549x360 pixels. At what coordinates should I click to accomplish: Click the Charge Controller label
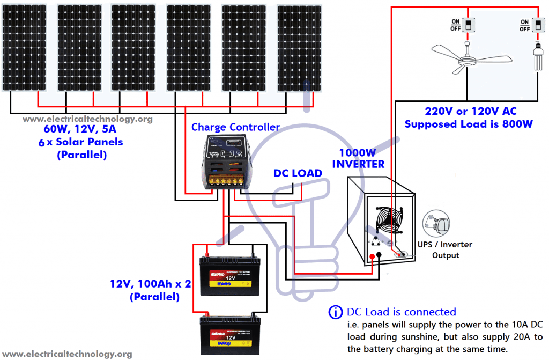(235, 127)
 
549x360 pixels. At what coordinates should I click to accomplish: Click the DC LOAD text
(298, 173)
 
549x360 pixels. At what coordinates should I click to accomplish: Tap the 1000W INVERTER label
(358, 158)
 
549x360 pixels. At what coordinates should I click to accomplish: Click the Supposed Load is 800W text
(469, 124)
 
